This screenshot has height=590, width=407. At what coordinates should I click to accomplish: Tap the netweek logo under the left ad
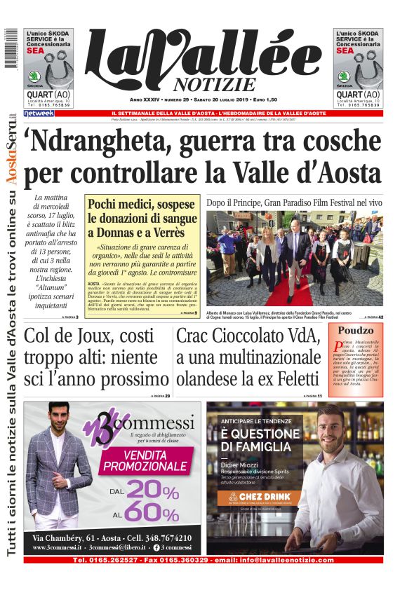39,113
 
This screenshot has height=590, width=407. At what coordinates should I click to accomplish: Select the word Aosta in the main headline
348,172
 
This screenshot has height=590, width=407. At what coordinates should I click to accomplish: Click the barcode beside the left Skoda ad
9,49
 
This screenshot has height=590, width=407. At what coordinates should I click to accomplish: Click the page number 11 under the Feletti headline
319,397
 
